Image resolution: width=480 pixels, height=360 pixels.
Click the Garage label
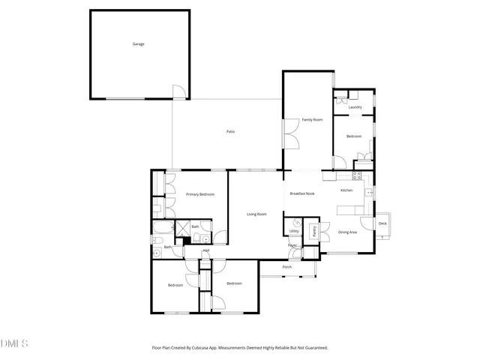tap(138, 44)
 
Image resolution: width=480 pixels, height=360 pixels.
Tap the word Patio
tap(231, 132)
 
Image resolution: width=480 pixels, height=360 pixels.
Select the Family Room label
tap(312, 120)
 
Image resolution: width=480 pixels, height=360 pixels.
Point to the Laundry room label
tap(355, 107)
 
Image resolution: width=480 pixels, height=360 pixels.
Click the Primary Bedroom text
tap(200, 195)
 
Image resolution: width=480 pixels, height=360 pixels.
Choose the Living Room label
tap(256, 214)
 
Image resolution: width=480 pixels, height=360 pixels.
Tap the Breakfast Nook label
tap(302, 193)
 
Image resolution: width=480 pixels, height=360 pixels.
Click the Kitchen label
tap(346, 190)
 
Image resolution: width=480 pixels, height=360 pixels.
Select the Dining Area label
tap(347, 232)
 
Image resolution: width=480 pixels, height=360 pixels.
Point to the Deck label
tap(382, 223)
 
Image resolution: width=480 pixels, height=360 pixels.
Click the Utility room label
tap(294, 231)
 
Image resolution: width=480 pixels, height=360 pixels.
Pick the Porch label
tap(286, 267)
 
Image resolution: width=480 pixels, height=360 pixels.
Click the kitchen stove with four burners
tap(358, 175)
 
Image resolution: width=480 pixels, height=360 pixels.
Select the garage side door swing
tap(179, 92)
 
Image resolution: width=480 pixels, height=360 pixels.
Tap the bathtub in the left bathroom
tap(161, 228)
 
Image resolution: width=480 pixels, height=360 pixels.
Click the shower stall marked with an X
tap(182, 227)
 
